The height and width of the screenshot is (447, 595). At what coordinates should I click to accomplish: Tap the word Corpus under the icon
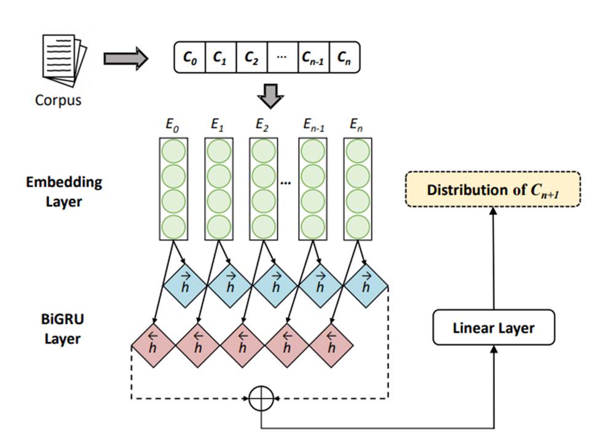point(58,100)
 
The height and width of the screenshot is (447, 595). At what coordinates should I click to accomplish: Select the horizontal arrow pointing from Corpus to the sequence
point(125,58)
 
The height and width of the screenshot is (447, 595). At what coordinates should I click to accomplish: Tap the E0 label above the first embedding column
point(171,125)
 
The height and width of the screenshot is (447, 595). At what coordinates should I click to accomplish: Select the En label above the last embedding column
point(356,125)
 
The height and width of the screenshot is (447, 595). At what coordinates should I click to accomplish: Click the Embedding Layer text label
point(64,191)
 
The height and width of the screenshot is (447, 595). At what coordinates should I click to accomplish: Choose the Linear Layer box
point(494,328)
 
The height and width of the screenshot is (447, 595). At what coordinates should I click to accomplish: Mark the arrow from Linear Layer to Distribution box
point(494,259)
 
